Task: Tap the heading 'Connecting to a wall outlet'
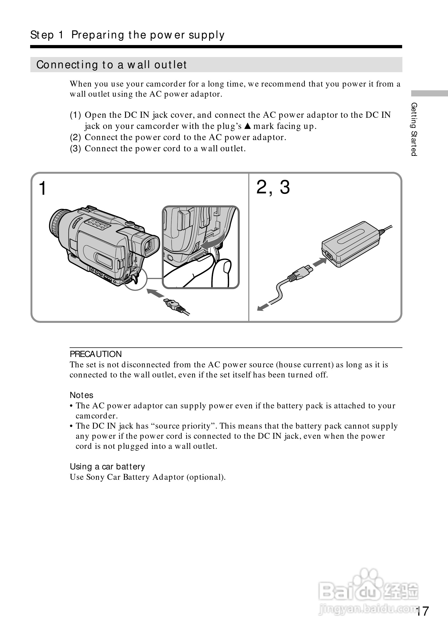tap(111, 65)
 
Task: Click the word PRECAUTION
tap(96, 354)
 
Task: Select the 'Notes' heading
tap(82, 395)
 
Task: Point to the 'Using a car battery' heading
tap(107, 467)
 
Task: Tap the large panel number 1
tap(43, 189)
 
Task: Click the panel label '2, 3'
tap(273, 187)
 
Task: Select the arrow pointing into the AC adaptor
tap(319, 262)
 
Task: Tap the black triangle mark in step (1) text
tap(248, 127)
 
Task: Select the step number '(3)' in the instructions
tap(75, 149)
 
